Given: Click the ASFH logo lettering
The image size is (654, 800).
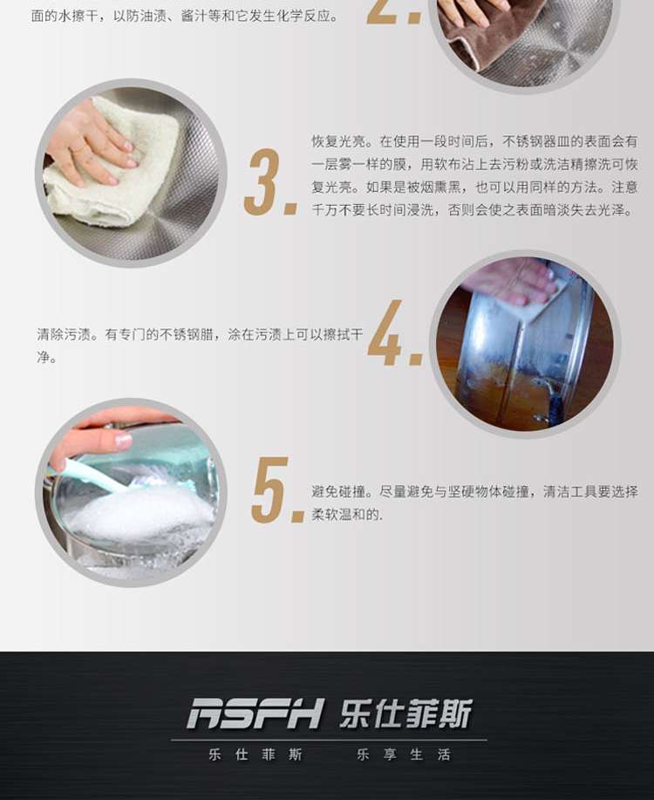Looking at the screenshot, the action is [x=255, y=714].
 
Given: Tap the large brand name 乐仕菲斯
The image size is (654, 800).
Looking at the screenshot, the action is [x=405, y=714].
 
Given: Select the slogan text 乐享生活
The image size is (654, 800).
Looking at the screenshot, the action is [x=404, y=754].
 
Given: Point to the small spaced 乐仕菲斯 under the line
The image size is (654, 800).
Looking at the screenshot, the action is [x=255, y=754].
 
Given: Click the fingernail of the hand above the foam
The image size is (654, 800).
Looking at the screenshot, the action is [x=124, y=440].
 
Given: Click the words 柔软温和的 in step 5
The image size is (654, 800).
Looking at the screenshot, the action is [x=346, y=515].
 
